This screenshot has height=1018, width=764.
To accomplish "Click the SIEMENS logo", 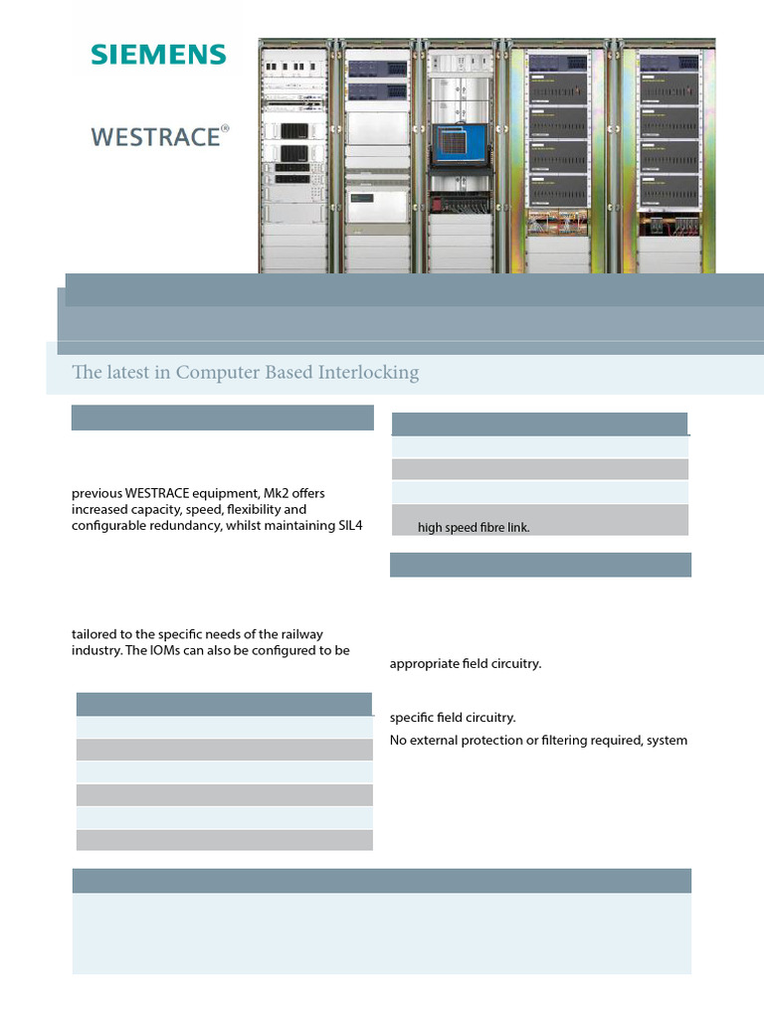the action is click(158, 54).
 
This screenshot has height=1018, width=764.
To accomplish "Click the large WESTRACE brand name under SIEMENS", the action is click(155, 136).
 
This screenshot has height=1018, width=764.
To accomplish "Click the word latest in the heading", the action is click(130, 373).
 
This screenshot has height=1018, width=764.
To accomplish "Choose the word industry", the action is click(95, 650).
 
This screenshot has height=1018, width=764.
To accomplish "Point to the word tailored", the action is click(95, 634).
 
